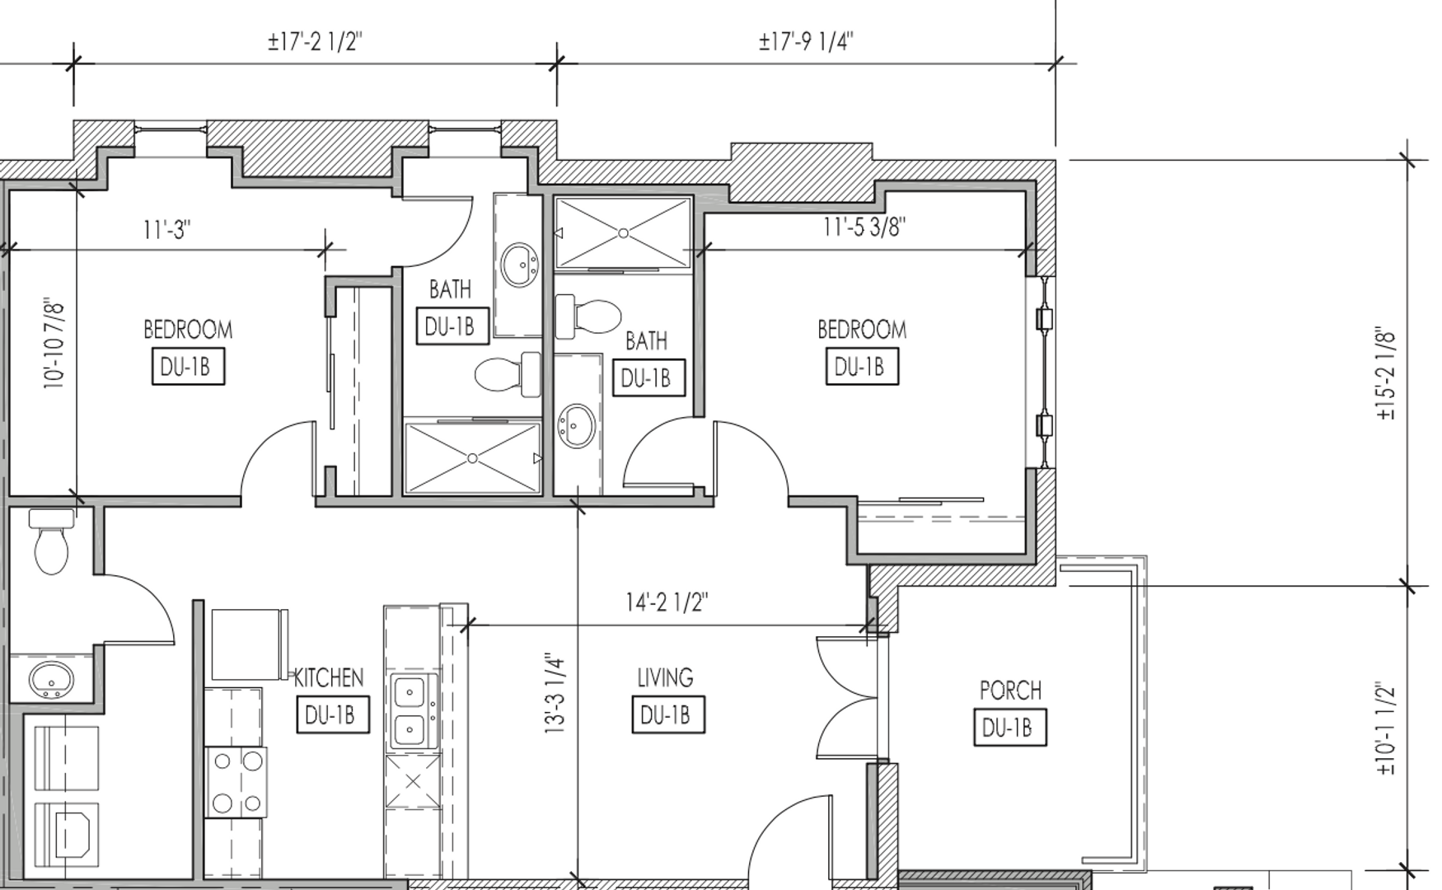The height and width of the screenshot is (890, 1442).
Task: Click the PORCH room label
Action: pos(1010,690)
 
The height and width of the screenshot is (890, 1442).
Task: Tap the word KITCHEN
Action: pos(329,677)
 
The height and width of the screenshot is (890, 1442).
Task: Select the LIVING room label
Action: pos(665,677)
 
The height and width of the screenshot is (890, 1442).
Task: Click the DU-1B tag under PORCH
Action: pos(1010,728)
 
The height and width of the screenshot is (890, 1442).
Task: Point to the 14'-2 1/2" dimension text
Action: pos(666,602)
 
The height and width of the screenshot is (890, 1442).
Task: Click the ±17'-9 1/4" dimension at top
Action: pos(806,41)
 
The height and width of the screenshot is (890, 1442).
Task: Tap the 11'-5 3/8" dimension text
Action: pos(864,226)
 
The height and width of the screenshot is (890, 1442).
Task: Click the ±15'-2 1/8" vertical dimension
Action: pos(1386,374)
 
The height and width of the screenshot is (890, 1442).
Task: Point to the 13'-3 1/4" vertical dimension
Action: pos(555,694)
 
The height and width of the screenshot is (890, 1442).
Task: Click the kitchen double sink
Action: pos(414,710)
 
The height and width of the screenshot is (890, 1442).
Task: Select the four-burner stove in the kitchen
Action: pos(236,782)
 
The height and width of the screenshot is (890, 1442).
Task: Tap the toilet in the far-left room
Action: pos(51,541)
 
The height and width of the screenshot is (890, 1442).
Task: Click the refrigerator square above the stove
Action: pos(250,644)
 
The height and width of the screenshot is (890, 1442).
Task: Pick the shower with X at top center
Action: pos(623,233)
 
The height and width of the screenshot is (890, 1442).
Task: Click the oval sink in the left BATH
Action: pos(520,265)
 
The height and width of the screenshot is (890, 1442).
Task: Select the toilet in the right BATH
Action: pos(588,317)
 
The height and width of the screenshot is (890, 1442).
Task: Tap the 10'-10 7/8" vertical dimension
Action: pos(54,344)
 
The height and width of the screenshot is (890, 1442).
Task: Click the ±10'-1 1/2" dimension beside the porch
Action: pos(1386,728)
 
